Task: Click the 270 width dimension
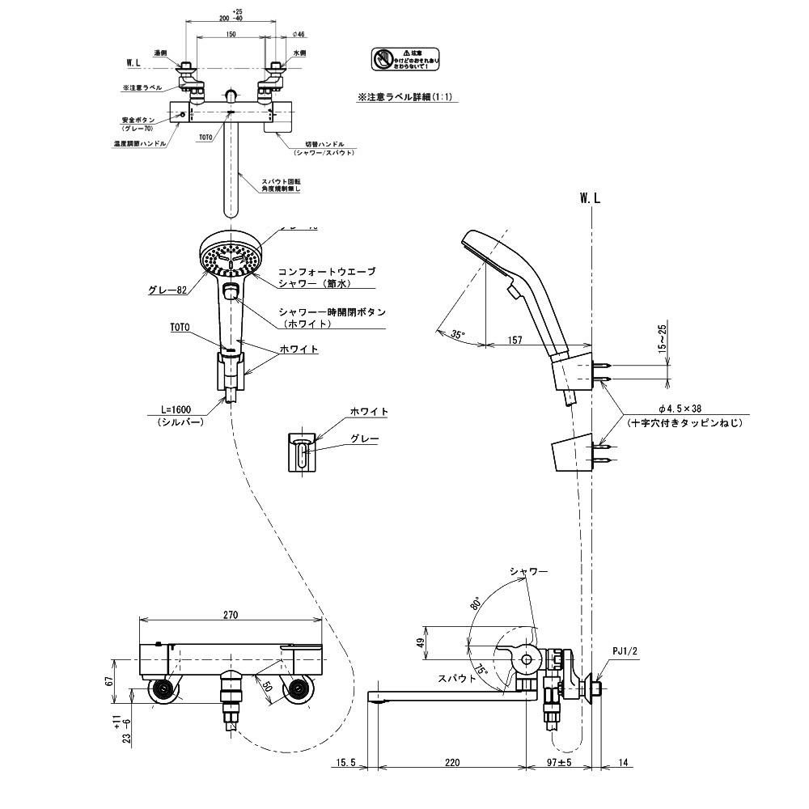231,615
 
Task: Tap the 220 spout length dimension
452,763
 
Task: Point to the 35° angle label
460,333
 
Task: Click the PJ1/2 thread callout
625,650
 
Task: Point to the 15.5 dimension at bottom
345,763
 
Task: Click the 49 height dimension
420,642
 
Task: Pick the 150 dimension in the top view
231,35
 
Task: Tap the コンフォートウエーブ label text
327,272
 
